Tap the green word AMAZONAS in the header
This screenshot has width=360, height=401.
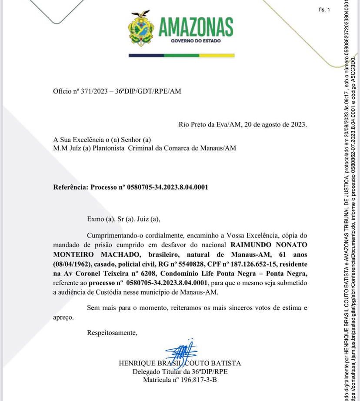196,28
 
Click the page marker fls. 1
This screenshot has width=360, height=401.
324,10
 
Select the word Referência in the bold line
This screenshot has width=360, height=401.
71,187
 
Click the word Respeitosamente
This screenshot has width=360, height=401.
112,333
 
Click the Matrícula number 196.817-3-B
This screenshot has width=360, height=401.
195,380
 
